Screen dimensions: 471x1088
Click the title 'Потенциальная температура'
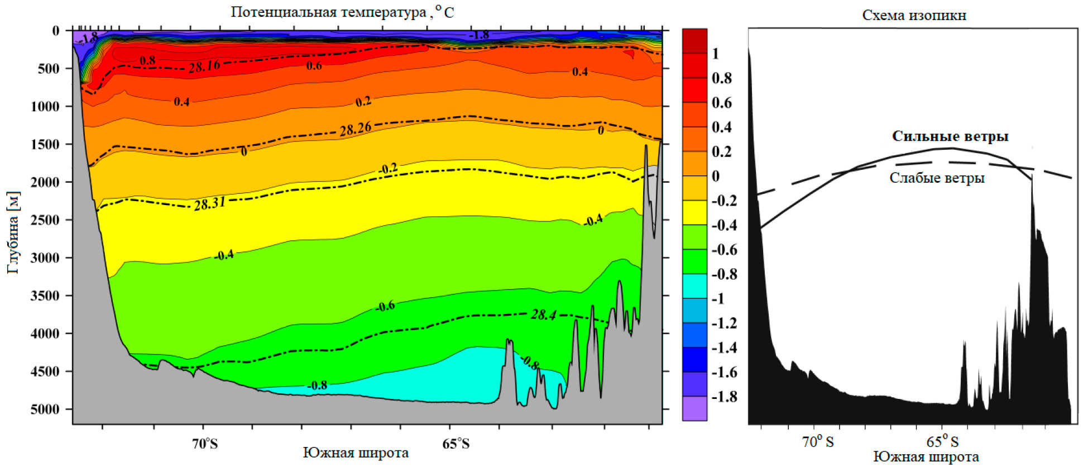click(328, 12)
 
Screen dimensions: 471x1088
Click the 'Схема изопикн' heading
click(914, 15)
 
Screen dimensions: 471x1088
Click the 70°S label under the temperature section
click(205, 444)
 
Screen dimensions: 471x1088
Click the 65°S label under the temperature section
click(456, 444)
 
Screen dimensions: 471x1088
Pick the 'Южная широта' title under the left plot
click(356, 453)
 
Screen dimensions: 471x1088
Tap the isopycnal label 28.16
click(204, 66)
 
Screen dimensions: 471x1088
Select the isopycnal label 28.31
click(210, 204)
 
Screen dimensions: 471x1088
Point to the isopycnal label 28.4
click(543, 315)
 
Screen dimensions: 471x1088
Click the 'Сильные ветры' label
click(950, 136)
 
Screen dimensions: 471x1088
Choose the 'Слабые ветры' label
click(937, 178)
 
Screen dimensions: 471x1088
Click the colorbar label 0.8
click(722, 78)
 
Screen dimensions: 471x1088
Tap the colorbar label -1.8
click(724, 397)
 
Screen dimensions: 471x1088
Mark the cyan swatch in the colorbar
click(694, 286)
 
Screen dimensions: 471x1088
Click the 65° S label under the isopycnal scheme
click(942, 442)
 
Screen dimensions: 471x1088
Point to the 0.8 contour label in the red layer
click(147, 60)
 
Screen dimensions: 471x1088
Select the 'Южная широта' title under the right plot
click(926, 457)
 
